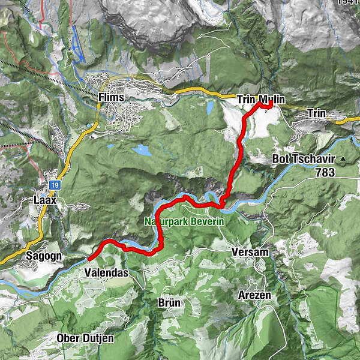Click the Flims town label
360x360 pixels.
click(112, 98)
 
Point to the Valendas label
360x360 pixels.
click(103, 272)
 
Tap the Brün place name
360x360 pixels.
click(170, 302)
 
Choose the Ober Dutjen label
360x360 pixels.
click(85, 338)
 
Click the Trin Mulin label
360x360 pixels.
click(260, 100)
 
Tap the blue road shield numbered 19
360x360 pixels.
click(54, 185)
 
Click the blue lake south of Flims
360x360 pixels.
click(142, 150)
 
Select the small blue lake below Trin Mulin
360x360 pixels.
click(209, 109)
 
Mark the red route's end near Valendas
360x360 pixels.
click(89, 259)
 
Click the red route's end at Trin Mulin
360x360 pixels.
click(271, 105)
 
